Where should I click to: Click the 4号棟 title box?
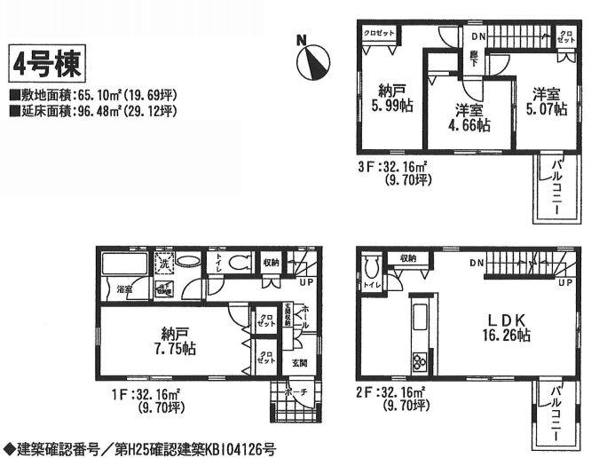(x=47, y=65)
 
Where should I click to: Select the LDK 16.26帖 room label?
(x=507, y=326)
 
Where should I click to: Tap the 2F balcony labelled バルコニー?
(x=557, y=414)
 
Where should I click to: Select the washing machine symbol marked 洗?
(x=164, y=264)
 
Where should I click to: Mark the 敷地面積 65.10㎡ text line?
(x=94, y=94)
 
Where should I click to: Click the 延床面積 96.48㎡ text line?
(x=94, y=111)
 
